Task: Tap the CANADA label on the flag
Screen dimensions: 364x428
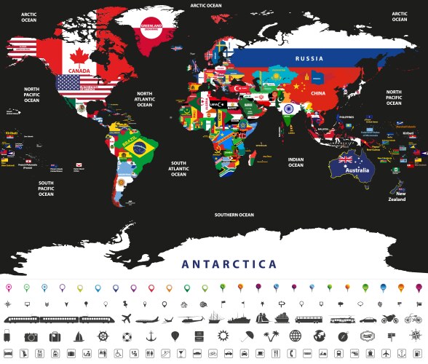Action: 79,71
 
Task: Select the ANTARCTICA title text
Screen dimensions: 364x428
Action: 218,264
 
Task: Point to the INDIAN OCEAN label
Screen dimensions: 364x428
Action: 296,162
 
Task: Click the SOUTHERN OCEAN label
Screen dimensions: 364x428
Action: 234,215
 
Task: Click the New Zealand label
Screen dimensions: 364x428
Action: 395,197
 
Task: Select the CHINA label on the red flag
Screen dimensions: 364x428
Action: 318,93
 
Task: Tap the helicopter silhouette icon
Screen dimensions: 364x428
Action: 189,319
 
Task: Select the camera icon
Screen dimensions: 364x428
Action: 31,336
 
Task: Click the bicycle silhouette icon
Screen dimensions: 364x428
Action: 413,319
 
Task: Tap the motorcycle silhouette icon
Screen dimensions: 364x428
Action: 390,319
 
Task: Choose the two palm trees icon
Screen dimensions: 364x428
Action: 272,336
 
